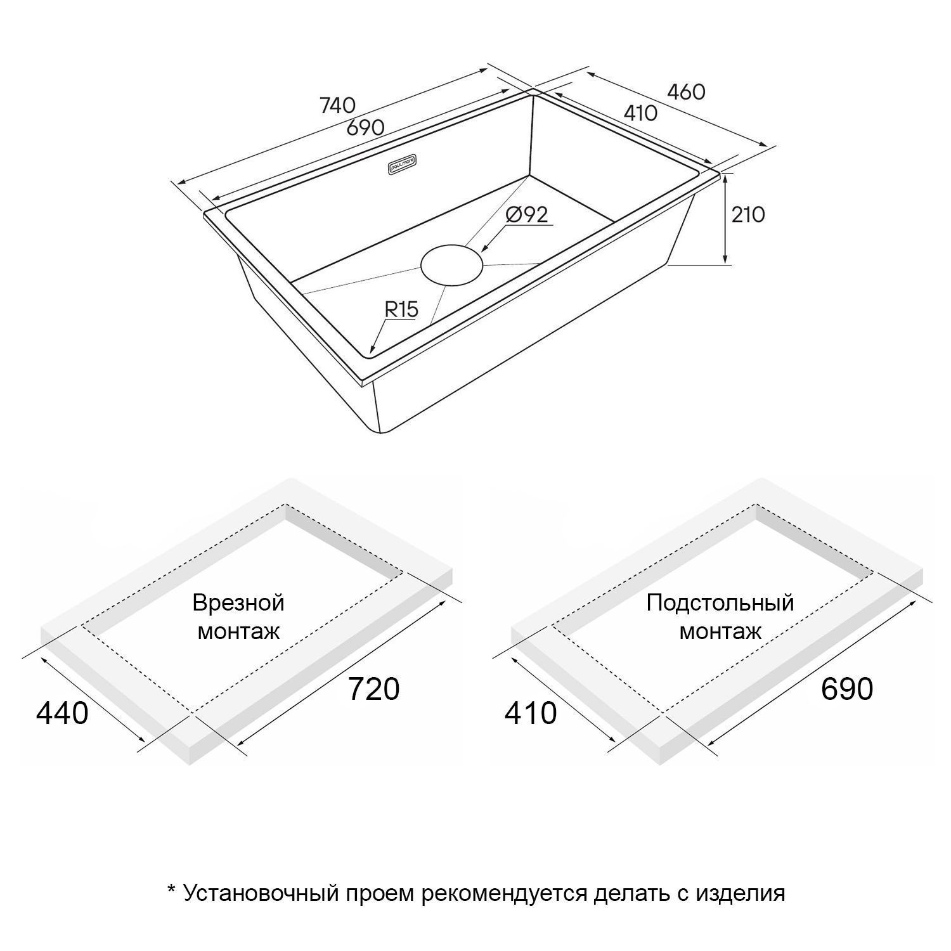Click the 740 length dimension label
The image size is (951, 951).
[337, 105]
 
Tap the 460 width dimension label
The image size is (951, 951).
[686, 92]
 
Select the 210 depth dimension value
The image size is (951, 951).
[748, 215]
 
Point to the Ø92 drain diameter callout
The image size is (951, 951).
[527, 214]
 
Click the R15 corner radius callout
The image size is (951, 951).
[401, 309]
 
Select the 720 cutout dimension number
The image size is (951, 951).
[374, 689]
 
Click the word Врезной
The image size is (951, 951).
[238, 603]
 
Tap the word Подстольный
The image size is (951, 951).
[720, 602]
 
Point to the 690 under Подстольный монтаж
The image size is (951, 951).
[847, 689]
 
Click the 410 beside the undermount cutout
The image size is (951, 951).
[531, 713]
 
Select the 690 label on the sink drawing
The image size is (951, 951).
[366, 127]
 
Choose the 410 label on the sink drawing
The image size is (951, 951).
[640, 113]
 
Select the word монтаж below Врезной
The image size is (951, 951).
[238, 632]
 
